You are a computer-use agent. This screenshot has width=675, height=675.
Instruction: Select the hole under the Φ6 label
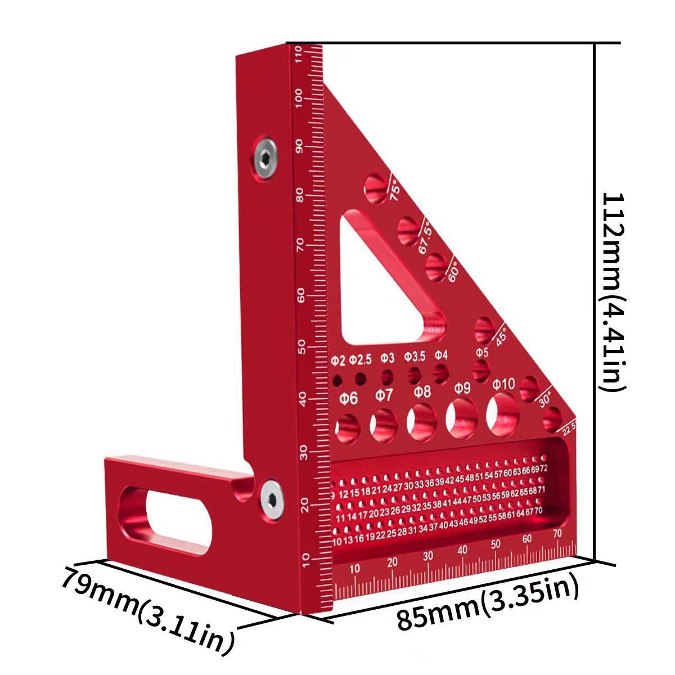(x=349, y=428)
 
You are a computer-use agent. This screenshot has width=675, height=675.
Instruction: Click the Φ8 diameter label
(x=422, y=391)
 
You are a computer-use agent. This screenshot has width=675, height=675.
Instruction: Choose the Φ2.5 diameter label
(x=361, y=359)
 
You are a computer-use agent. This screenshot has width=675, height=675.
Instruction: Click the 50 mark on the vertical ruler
(x=301, y=344)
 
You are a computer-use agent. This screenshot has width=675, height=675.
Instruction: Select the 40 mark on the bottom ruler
(x=463, y=550)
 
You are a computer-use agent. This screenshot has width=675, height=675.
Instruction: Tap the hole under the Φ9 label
(x=462, y=418)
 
